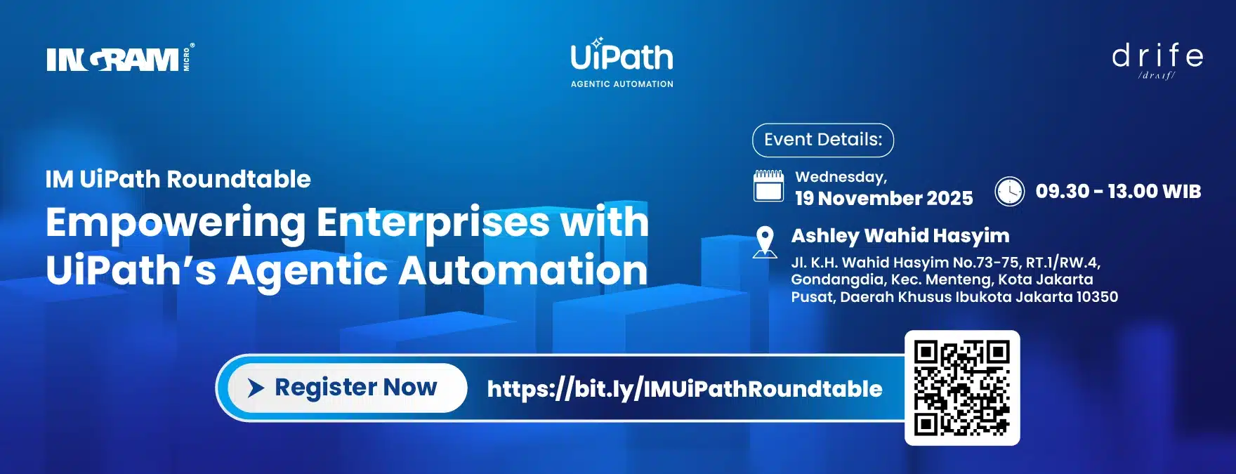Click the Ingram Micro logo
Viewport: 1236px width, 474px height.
click(x=121, y=58)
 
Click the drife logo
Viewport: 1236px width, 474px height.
click(x=1157, y=60)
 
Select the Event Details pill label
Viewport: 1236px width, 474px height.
click(x=823, y=140)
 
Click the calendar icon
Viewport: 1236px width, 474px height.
click(x=768, y=186)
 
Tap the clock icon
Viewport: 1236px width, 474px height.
click(x=1009, y=191)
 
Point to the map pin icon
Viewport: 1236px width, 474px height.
click(x=765, y=242)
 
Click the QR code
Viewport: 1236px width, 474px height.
click(x=962, y=388)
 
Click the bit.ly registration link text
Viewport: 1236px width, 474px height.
click(x=685, y=388)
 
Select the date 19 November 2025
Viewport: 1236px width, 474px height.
click(x=884, y=198)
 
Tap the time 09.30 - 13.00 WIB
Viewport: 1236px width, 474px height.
click(x=1118, y=191)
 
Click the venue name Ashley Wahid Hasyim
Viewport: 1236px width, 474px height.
click(x=900, y=236)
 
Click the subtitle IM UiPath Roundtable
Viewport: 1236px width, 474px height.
click(x=178, y=179)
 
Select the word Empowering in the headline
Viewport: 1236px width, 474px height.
click(x=176, y=224)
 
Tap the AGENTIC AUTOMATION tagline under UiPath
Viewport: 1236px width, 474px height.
click(x=622, y=84)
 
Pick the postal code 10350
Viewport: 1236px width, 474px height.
click(x=1097, y=296)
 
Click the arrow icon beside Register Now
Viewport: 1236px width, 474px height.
click(x=256, y=388)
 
